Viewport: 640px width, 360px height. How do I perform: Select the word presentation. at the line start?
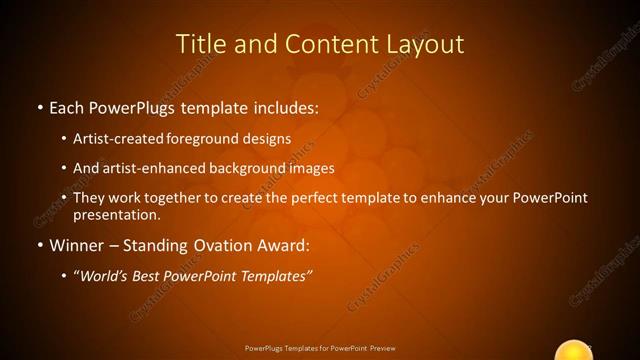point(117,214)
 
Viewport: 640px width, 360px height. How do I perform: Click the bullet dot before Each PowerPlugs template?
point(39,107)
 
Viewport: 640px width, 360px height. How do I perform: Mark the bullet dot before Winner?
point(39,245)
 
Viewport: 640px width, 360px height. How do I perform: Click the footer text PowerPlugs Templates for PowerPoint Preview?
point(320,348)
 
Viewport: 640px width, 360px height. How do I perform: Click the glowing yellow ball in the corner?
point(574,351)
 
